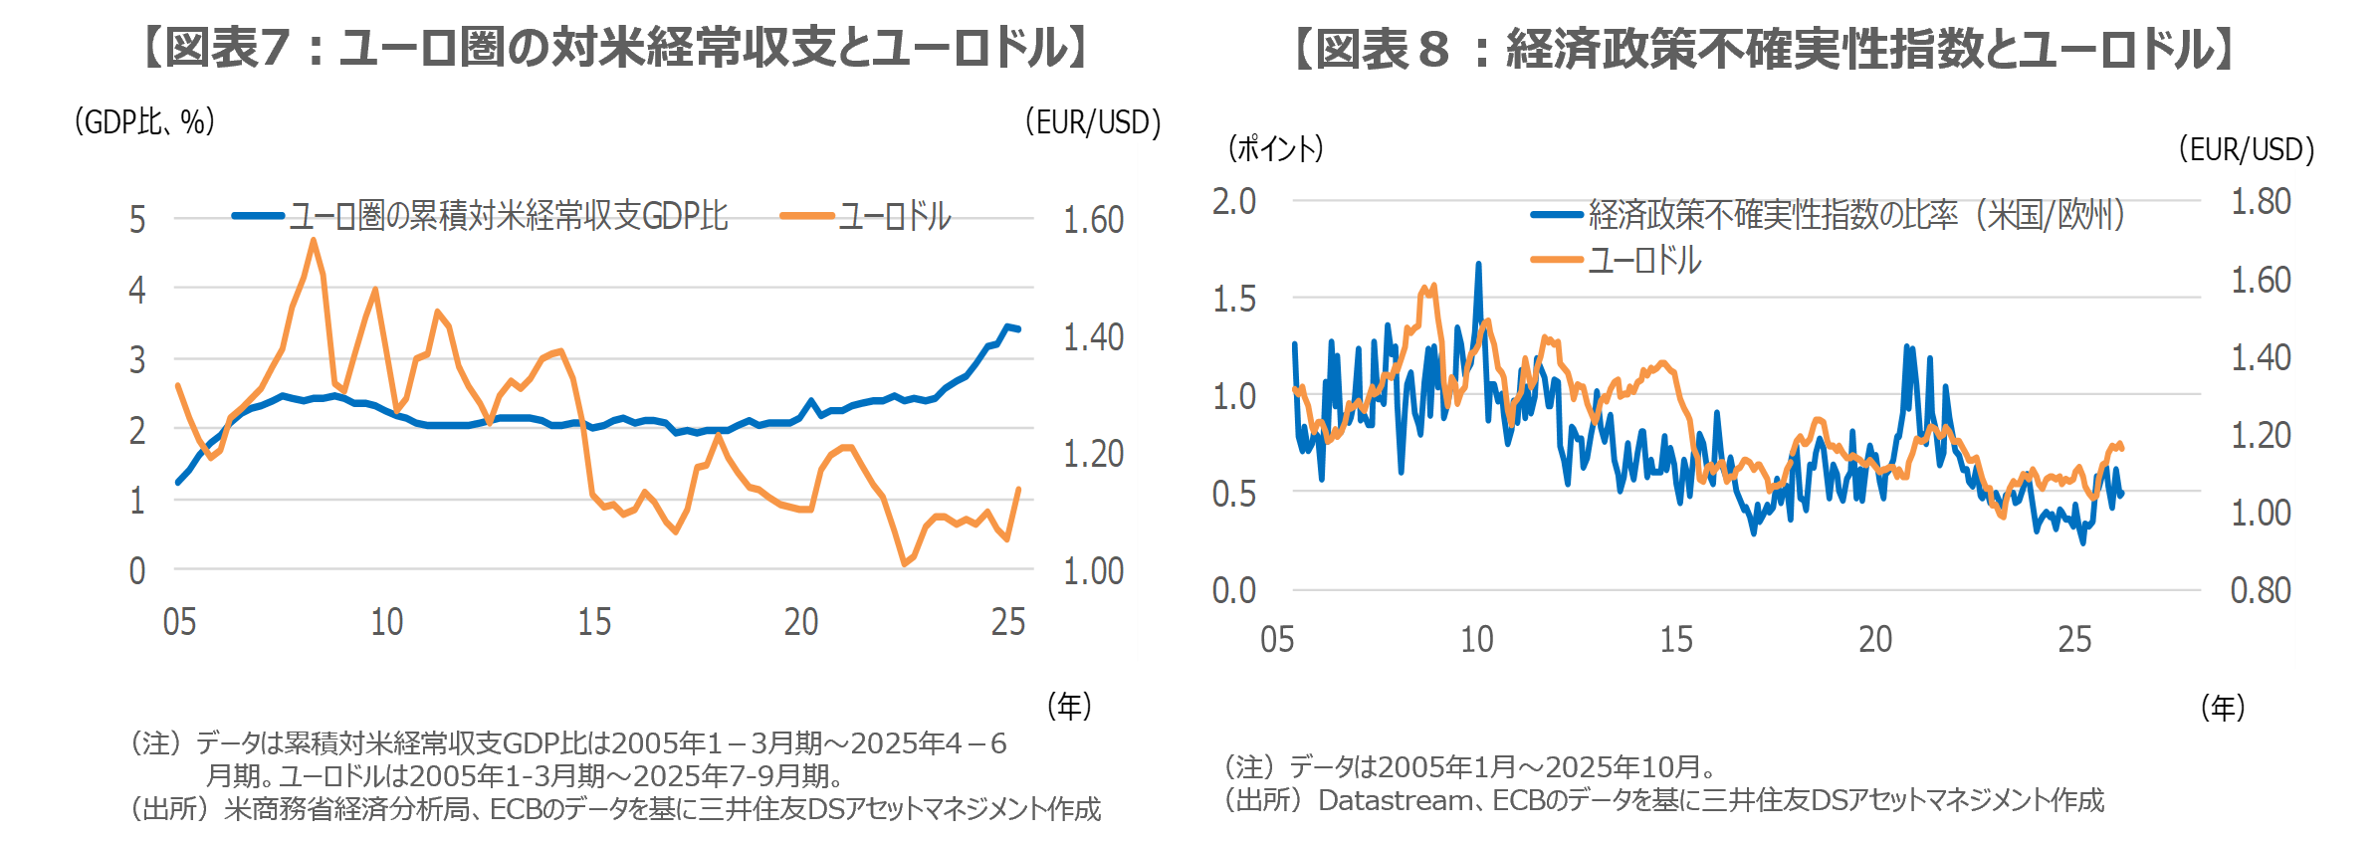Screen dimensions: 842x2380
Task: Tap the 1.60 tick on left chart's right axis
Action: point(1092,220)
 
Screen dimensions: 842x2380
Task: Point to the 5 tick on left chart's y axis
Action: point(137,220)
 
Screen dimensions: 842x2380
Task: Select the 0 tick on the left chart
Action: point(137,571)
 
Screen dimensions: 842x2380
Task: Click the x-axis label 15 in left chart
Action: point(594,622)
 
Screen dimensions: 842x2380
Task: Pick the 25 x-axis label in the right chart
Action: point(2074,639)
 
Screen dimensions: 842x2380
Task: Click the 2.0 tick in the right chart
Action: point(1234,202)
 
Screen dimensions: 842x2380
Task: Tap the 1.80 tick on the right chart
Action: point(2260,202)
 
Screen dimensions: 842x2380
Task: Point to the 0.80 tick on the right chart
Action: point(2260,591)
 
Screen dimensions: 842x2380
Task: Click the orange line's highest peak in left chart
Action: point(314,240)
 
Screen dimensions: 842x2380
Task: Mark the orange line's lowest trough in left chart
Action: point(904,564)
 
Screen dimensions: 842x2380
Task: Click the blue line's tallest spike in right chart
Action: point(1478,264)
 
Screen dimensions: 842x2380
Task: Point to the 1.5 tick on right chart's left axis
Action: point(1234,300)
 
